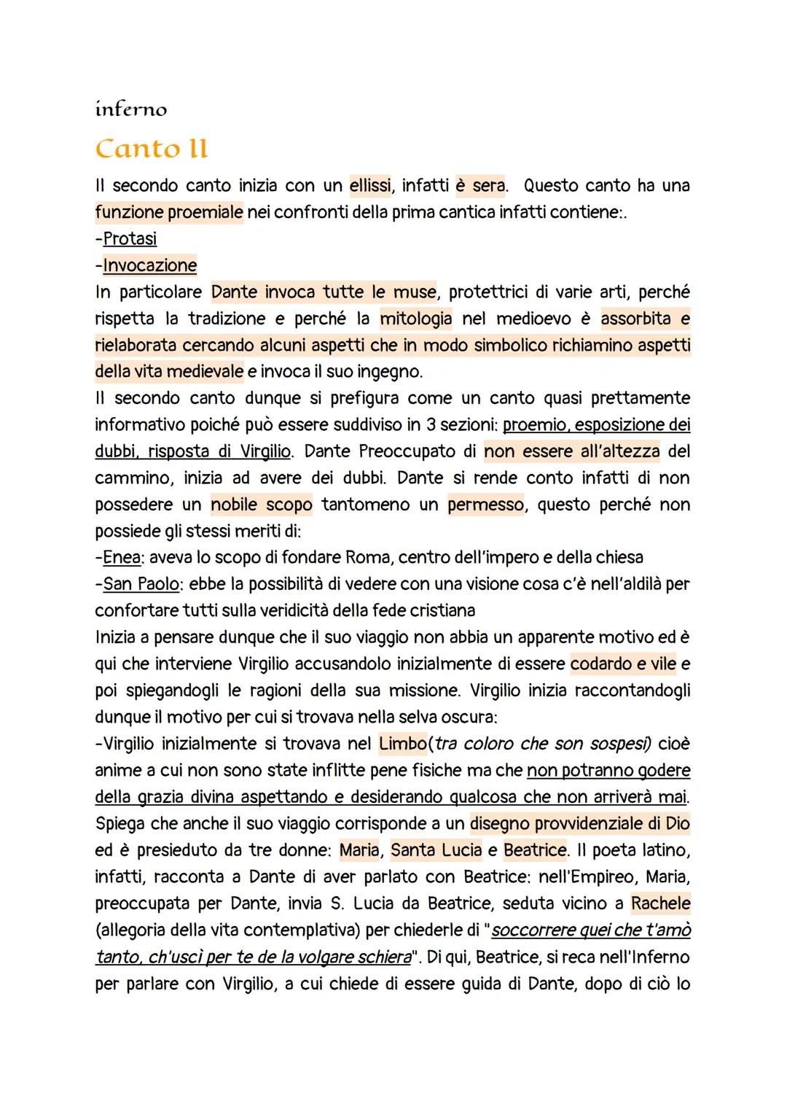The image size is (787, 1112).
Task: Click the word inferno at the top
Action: pyautogui.click(x=131, y=109)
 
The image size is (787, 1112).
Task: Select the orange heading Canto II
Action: pyautogui.click(x=152, y=149)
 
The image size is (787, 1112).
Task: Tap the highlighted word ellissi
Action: pyautogui.click(x=371, y=186)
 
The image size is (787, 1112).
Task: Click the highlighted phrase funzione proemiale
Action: pyautogui.click(x=169, y=212)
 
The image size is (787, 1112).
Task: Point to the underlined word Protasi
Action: pyautogui.click(x=130, y=239)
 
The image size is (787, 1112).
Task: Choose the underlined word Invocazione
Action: pyautogui.click(x=150, y=265)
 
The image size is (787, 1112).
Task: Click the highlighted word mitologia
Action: pyautogui.click(x=416, y=319)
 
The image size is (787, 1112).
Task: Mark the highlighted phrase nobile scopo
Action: pyautogui.click(x=262, y=505)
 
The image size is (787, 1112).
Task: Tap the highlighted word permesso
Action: pyautogui.click(x=485, y=505)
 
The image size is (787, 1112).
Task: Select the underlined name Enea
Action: pyautogui.click(x=121, y=558)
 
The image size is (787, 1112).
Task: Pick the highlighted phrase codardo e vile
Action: pyautogui.click(x=623, y=664)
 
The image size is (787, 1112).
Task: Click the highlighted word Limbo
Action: pyautogui.click(x=403, y=744)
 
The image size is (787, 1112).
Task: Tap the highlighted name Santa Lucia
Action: pyautogui.click(x=436, y=850)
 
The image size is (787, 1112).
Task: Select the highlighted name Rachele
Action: pyautogui.click(x=660, y=903)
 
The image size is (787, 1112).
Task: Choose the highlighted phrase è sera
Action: pyautogui.click(x=480, y=186)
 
